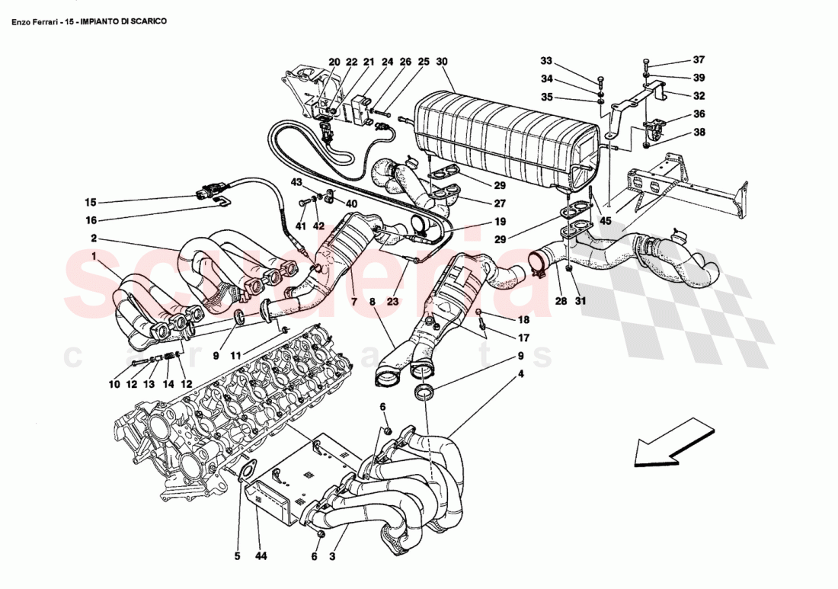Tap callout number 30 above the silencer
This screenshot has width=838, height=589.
click(443, 62)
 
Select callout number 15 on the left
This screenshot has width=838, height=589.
click(91, 203)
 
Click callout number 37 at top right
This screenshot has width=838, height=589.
click(699, 60)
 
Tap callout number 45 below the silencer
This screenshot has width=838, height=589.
click(606, 222)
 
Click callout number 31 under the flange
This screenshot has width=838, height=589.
click(580, 302)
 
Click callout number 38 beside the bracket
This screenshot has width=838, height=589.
click(699, 131)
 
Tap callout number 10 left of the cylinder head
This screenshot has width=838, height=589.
click(114, 385)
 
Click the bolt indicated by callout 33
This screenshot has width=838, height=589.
click(600, 80)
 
